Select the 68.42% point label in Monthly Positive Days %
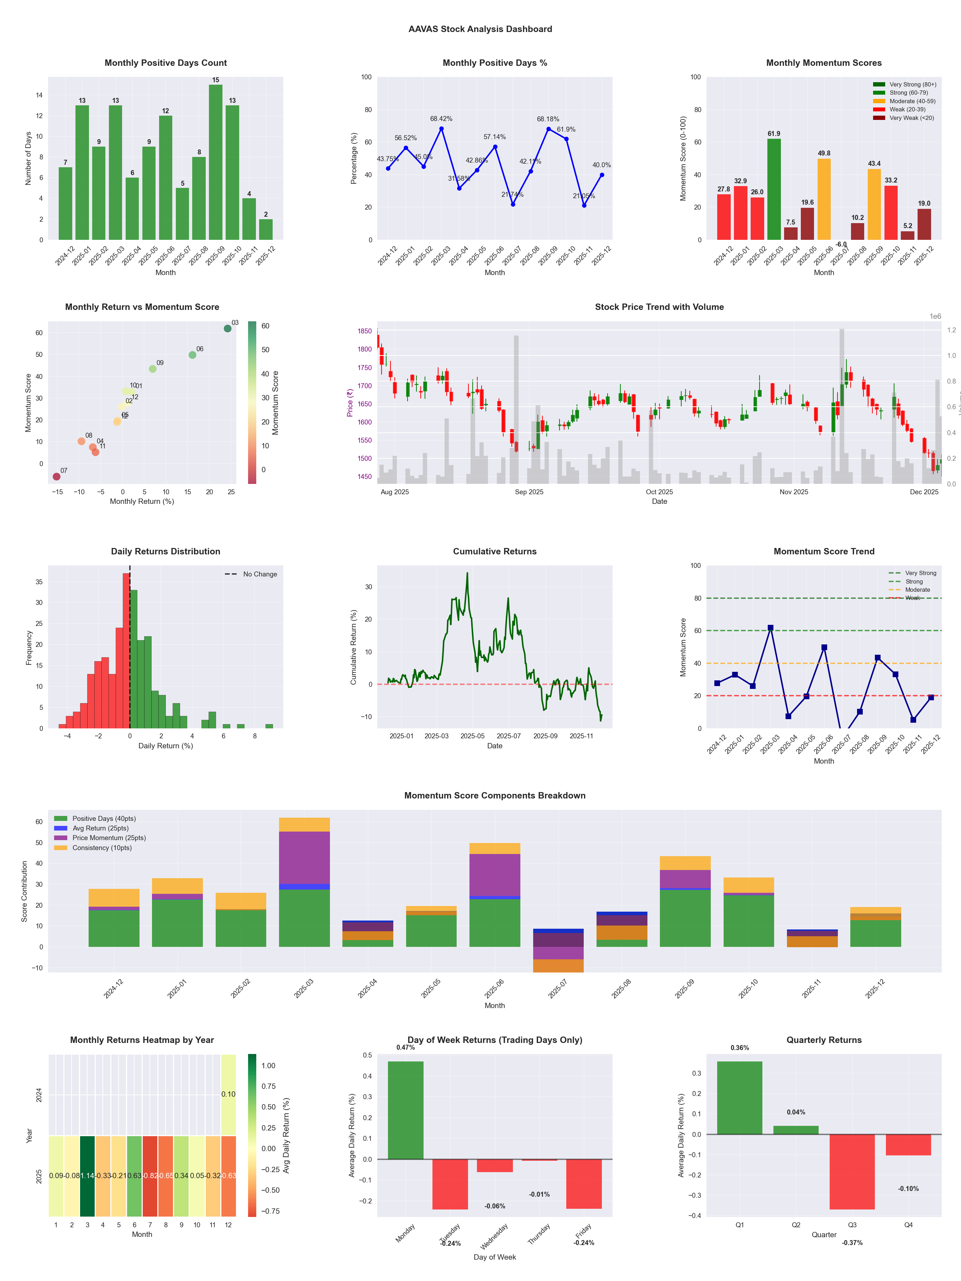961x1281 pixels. pyautogui.click(x=441, y=119)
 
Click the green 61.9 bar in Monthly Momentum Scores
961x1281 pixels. pyautogui.click(x=773, y=189)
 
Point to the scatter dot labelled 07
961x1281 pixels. pyautogui.click(x=56, y=476)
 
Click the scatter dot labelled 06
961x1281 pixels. pyautogui.click(x=192, y=355)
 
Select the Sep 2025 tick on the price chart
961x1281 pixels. pyautogui.click(x=529, y=492)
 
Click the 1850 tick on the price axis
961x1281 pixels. pyautogui.click(x=364, y=331)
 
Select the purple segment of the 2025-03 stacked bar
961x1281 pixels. pyautogui.click(x=304, y=858)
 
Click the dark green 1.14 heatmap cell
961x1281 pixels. pyautogui.click(x=88, y=1176)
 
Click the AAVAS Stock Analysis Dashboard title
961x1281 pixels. pyautogui.click(x=480, y=29)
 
